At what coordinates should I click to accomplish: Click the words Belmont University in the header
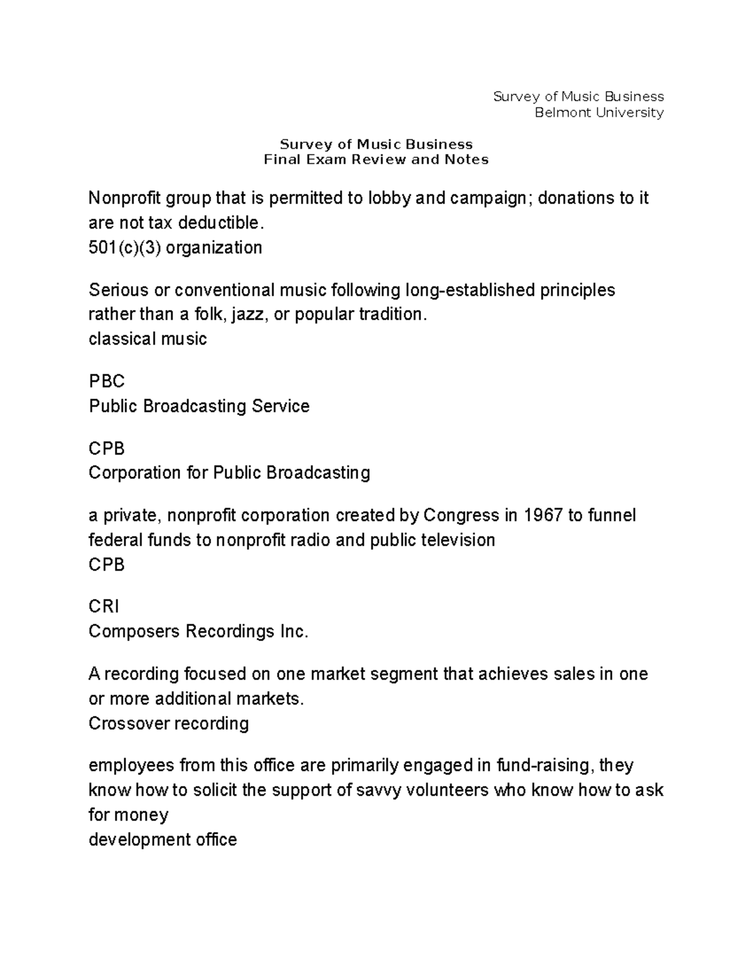click(599, 113)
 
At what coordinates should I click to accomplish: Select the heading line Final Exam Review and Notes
click(376, 159)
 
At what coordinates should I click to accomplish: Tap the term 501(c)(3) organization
click(175, 248)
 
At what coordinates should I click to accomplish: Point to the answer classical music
click(147, 340)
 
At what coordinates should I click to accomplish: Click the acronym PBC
click(107, 382)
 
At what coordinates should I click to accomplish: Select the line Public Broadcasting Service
click(199, 406)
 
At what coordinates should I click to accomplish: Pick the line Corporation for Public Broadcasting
click(229, 473)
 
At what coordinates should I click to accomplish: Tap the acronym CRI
click(104, 606)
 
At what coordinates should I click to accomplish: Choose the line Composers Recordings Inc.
click(198, 632)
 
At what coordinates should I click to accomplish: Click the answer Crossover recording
click(168, 724)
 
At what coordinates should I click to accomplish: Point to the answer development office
click(163, 840)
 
